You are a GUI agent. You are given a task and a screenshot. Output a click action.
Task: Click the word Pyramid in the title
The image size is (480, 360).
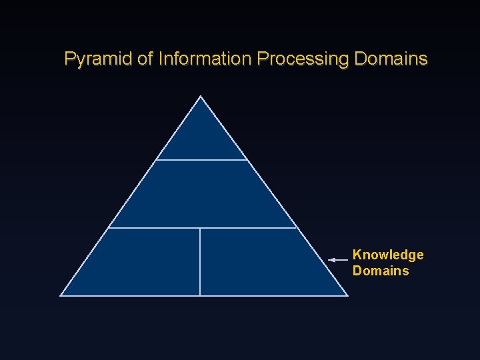(x=98, y=59)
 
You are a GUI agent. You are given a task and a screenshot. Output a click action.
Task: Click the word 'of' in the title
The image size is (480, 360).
(x=145, y=59)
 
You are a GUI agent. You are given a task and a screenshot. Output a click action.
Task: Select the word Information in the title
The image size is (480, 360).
(x=205, y=59)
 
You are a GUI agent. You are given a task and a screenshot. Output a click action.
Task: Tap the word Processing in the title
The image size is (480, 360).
(x=303, y=59)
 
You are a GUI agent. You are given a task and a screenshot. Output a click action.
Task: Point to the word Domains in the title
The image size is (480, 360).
(x=391, y=59)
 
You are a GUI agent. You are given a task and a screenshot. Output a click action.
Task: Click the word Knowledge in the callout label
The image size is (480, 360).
(x=388, y=255)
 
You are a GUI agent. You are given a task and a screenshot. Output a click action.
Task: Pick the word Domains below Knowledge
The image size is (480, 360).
(x=381, y=271)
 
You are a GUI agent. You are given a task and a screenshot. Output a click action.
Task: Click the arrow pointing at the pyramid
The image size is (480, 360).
(x=339, y=259)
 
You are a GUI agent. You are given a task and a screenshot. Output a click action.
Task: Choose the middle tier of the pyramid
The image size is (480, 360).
(x=202, y=194)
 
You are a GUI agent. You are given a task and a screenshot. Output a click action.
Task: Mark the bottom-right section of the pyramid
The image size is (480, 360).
(x=260, y=263)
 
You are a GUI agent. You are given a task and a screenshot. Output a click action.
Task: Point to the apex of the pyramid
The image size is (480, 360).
(x=201, y=97)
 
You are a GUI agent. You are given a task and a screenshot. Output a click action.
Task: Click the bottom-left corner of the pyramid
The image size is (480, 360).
(x=61, y=295)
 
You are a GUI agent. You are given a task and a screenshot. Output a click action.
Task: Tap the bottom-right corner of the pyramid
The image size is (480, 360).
(x=347, y=295)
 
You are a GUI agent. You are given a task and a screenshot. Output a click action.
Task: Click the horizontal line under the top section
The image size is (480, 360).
(x=202, y=160)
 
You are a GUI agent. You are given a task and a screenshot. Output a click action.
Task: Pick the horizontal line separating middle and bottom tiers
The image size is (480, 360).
(x=202, y=228)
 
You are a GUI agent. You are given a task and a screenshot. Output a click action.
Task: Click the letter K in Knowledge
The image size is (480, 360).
(x=357, y=255)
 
